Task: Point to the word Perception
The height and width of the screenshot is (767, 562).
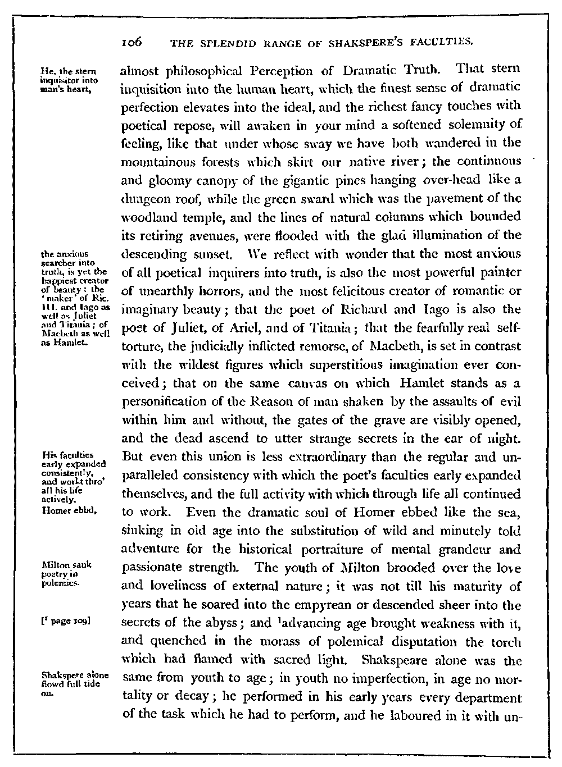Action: tap(266, 71)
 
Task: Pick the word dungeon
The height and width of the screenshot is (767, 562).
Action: tap(145, 199)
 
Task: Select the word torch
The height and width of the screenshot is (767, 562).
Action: tap(504, 642)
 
